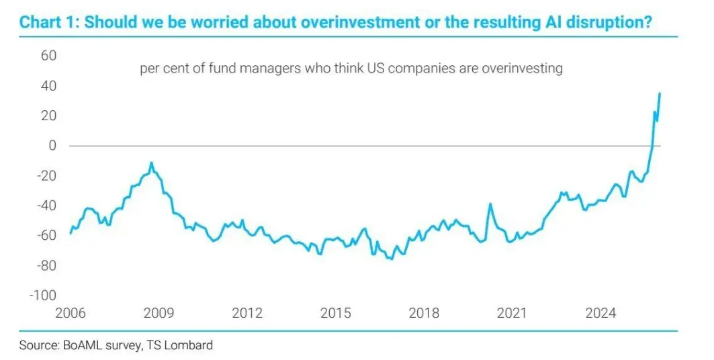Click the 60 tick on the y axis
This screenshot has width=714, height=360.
coord(48,56)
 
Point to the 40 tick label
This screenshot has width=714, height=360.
coord(48,86)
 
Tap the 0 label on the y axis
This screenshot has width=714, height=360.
coord(52,146)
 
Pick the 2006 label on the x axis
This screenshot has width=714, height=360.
coord(71,313)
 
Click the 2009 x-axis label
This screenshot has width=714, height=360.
coord(159,313)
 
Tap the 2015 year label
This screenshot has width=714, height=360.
coord(336,313)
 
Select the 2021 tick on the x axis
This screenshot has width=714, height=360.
coord(512,313)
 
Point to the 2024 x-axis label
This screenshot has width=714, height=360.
coord(600,313)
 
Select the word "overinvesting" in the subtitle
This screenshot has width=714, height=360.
coord(523,69)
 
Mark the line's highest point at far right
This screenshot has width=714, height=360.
coord(660,93)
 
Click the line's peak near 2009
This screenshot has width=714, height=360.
coord(152,163)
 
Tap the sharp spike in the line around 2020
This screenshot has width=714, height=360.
coord(490,204)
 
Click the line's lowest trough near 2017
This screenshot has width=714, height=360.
coord(392,259)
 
